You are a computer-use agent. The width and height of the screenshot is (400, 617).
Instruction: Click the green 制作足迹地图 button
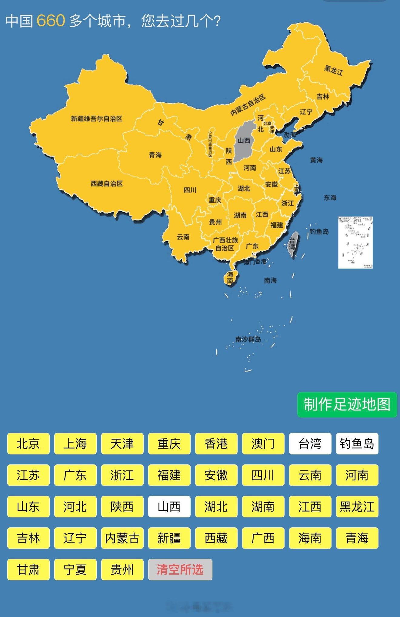347,404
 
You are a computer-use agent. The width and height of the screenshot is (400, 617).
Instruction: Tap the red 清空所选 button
180,569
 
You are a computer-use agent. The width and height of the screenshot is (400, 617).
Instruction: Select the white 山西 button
169,506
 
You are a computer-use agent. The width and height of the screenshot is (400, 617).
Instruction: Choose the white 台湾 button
310,444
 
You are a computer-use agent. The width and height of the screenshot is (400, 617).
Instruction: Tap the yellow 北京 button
28,444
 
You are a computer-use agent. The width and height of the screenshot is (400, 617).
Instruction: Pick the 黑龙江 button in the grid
357,506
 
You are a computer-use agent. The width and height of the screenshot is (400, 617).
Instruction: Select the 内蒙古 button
122,538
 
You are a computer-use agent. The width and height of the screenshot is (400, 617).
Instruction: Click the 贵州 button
122,569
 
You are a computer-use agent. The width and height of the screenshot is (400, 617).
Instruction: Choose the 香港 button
216,444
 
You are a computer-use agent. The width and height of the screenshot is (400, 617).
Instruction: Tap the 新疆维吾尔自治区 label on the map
97,119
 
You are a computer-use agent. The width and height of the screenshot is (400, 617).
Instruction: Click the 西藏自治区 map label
107,183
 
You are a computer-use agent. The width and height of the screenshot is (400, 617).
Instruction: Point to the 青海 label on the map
155,155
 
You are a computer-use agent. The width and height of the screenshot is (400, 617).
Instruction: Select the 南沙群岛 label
248,339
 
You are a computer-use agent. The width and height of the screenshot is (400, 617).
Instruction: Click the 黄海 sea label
316,160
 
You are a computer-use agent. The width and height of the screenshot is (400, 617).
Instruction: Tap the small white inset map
355,242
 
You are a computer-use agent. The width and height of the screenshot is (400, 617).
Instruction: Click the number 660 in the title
51,21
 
